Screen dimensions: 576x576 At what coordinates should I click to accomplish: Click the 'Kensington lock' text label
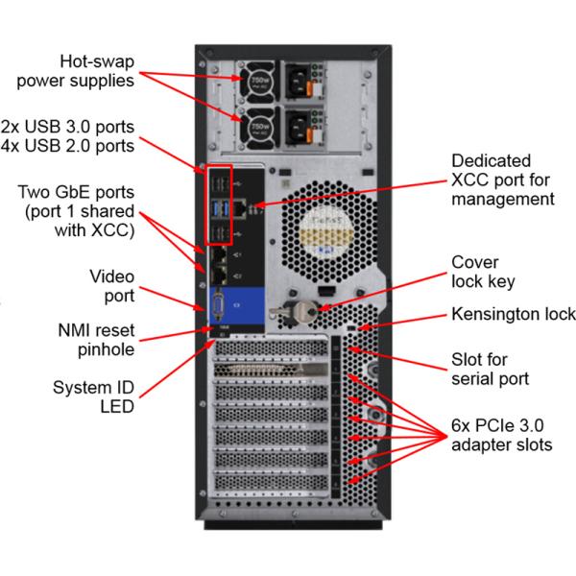514,315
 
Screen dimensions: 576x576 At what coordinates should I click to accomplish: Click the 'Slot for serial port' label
491,369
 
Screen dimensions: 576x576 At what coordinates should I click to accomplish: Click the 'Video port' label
111,286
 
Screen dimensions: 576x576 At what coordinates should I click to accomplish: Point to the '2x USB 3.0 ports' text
68,127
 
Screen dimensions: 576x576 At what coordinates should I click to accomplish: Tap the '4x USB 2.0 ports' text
68,146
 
